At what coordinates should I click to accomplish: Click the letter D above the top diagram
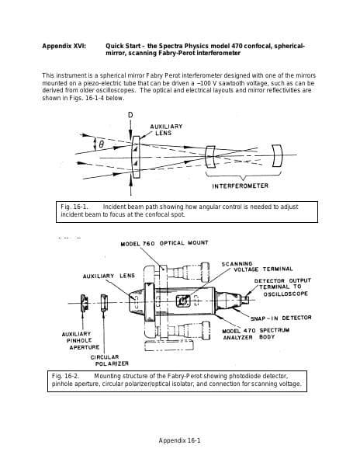point(130,115)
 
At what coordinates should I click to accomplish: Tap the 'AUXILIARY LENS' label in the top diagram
point(166,129)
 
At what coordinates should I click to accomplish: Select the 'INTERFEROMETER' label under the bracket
point(240,186)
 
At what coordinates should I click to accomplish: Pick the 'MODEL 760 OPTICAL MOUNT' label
point(164,243)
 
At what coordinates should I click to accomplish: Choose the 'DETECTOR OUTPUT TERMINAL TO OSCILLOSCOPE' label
point(282,287)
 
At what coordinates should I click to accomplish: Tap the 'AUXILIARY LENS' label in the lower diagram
point(109,276)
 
